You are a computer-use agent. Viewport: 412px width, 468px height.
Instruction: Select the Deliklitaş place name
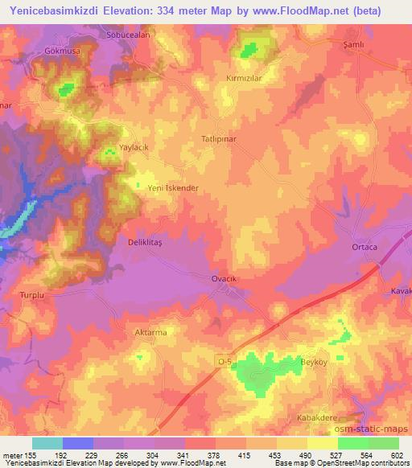click(128, 240)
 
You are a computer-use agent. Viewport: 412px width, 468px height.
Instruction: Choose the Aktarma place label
click(149, 331)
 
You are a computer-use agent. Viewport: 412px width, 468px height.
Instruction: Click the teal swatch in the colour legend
click(47, 443)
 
